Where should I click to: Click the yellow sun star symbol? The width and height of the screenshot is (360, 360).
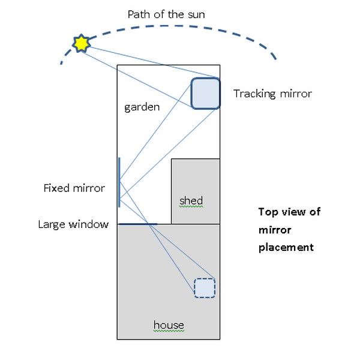click(x=80, y=44)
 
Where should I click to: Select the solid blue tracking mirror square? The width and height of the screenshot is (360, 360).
click(x=205, y=94)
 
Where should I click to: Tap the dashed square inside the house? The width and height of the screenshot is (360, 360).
click(x=204, y=288)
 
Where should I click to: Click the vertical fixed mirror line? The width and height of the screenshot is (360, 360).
click(x=119, y=182)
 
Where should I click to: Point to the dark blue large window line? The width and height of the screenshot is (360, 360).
click(x=137, y=224)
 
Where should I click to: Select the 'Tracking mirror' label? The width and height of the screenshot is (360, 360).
click(x=272, y=94)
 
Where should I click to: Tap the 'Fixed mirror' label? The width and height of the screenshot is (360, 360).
click(x=74, y=188)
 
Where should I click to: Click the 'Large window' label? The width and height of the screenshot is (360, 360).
click(x=73, y=224)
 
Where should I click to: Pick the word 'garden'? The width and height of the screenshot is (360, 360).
click(x=142, y=107)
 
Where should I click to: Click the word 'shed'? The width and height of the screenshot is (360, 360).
click(x=191, y=200)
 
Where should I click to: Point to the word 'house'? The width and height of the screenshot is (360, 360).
click(x=169, y=325)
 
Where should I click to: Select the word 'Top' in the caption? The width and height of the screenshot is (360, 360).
click(x=268, y=211)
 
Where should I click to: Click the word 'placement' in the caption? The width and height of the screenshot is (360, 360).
click(x=286, y=247)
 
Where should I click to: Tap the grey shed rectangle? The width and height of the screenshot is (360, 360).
click(x=195, y=180)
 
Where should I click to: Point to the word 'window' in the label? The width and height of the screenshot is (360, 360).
click(x=92, y=224)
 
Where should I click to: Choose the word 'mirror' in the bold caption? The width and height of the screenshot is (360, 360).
click(x=273, y=229)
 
